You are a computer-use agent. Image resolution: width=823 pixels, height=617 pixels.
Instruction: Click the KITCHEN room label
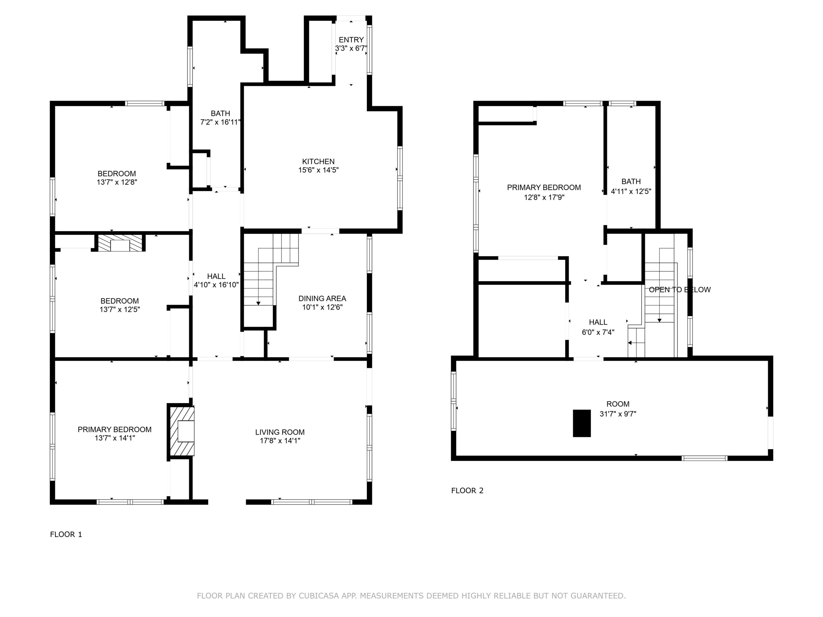(318, 161)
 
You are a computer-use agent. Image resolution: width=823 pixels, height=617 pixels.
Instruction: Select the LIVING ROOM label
(280, 432)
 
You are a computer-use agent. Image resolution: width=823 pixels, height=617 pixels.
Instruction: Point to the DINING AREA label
(322, 298)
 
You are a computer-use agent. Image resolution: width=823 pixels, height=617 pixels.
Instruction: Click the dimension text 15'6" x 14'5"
(319, 170)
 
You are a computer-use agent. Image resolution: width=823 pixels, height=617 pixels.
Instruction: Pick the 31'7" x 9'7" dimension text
(618, 414)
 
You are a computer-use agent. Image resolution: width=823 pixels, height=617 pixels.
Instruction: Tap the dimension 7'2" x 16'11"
(221, 122)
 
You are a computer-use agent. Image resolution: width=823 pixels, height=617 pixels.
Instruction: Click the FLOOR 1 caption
(66, 534)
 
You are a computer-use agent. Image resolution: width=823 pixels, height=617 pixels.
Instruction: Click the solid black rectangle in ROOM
(582, 423)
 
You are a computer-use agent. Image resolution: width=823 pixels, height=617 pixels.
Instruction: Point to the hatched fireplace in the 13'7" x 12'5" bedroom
(120, 243)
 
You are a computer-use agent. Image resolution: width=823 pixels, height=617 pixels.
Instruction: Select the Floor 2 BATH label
(631, 182)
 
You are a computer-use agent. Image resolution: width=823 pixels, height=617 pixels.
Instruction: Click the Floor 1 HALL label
(216, 276)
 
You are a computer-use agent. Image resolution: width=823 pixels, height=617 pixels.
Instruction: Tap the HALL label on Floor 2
(598, 322)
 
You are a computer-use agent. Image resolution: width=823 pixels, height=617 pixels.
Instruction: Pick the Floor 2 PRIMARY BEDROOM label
(544, 187)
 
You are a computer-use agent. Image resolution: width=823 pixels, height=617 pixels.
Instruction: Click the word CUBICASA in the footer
(319, 596)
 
